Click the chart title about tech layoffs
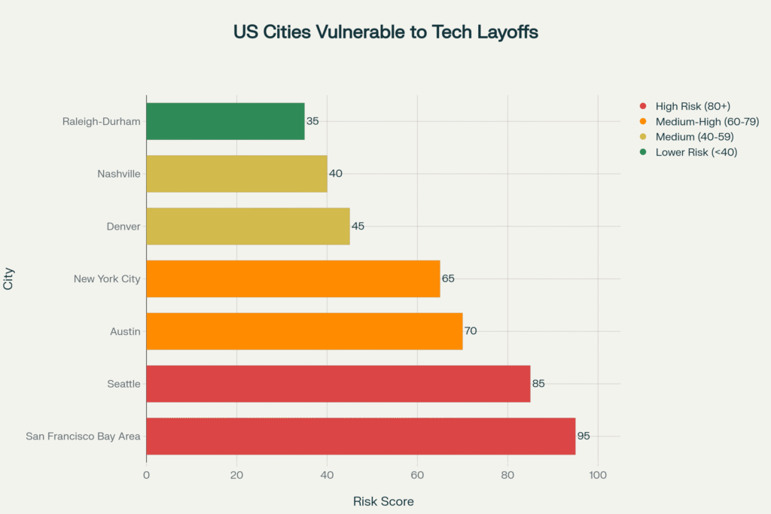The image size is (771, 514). (385, 32)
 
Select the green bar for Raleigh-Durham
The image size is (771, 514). (225, 121)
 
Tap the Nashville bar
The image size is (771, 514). (236, 174)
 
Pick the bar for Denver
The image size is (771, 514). (248, 227)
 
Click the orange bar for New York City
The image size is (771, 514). (293, 278)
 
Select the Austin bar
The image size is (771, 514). (304, 331)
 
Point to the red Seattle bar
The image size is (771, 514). (338, 384)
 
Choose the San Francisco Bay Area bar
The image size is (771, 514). (361, 436)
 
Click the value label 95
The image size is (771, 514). (584, 436)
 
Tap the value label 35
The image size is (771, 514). (312, 121)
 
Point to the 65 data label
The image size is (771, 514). (448, 278)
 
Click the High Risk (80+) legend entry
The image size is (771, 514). (693, 106)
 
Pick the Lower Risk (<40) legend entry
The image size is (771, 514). (696, 151)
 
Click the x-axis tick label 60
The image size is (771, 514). (417, 476)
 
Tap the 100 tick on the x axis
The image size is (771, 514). (598, 476)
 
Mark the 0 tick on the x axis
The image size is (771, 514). (146, 476)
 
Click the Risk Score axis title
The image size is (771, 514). (383, 501)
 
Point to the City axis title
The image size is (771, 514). (9, 279)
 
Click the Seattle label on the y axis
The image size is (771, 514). (123, 384)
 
